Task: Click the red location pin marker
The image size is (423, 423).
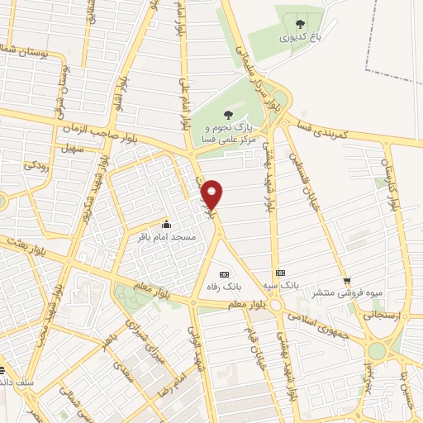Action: pos(212,193)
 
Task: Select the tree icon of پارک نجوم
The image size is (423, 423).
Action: pos(229,116)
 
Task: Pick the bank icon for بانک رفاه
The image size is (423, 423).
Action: pos(222,274)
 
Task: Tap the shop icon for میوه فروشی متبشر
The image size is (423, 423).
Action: pos(348,280)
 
